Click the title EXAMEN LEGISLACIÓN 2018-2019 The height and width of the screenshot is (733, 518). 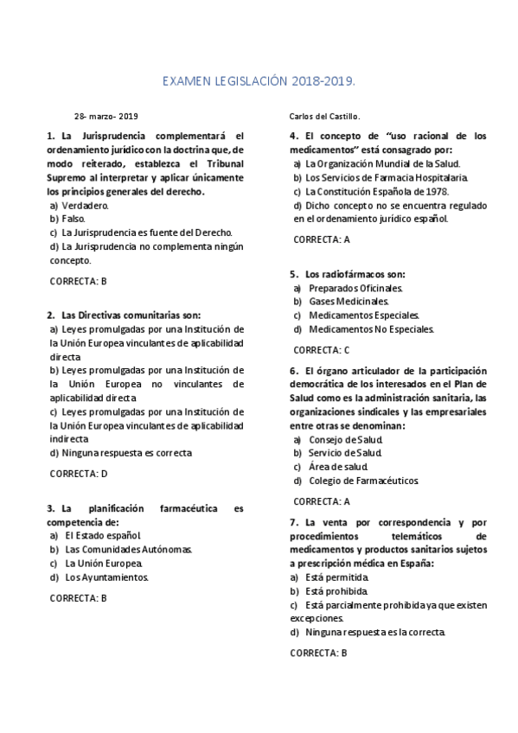[259, 81]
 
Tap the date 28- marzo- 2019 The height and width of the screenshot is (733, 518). [106, 116]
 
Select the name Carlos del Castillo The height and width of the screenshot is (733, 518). [323, 116]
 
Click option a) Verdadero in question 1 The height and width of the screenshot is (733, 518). [80, 206]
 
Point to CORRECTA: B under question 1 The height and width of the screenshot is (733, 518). [78, 281]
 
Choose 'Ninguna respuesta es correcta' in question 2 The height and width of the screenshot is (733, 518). [121, 452]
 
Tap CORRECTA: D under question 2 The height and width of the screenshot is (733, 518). [79, 474]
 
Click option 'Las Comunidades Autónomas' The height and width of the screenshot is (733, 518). [127, 550]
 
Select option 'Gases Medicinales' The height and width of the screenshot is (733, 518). [349, 302]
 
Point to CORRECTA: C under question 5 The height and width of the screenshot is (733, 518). [322, 350]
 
